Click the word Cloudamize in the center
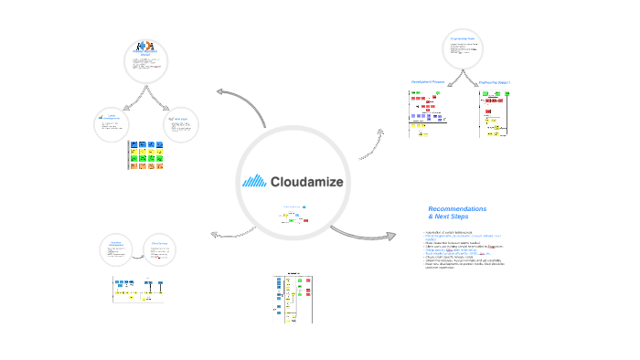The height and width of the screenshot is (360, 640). click(x=307, y=182)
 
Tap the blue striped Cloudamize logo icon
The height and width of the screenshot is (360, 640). click(x=254, y=181)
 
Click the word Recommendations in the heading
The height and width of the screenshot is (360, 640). click(x=457, y=209)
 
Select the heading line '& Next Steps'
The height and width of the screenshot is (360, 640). click(x=448, y=217)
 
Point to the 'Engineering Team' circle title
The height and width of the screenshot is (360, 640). click(x=463, y=39)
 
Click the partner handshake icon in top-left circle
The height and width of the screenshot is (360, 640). click(x=144, y=48)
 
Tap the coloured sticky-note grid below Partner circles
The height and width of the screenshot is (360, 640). click(x=148, y=155)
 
